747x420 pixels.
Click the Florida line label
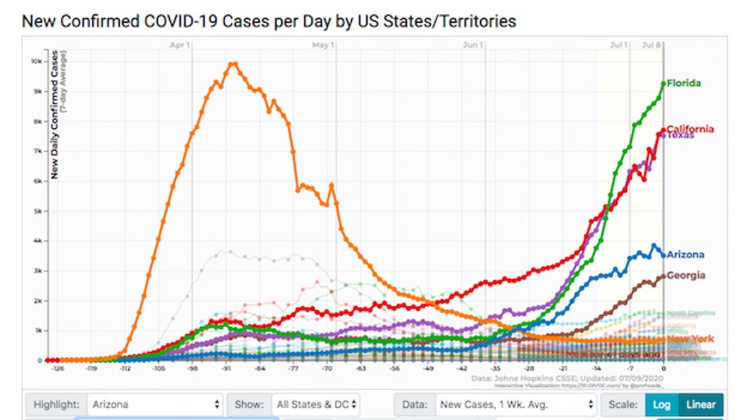(683, 83)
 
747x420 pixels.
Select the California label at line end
(690, 129)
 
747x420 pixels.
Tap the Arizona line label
(685, 254)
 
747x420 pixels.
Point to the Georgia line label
(686, 275)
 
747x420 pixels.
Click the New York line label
(690, 339)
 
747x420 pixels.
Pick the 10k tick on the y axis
(36, 61)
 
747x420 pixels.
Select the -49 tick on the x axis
(428, 369)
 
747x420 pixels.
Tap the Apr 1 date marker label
(180, 45)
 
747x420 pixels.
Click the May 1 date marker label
(323, 45)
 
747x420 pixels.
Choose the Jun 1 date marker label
(473, 45)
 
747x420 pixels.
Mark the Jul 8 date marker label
(651, 45)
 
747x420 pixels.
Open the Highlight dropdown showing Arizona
(155, 404)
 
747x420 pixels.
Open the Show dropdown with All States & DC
(315, 404)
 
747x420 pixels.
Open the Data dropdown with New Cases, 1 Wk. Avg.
(516, 404)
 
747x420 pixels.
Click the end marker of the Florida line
(664, 84)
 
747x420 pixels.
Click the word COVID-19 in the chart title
(180, 22)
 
